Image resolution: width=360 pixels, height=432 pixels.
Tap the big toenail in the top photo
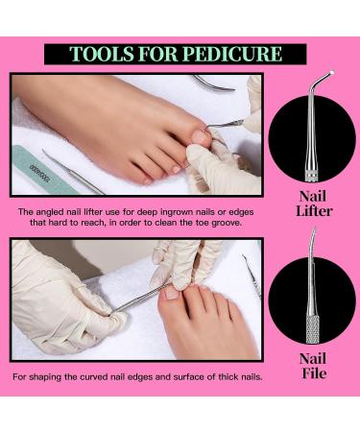tap(201, 136)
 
